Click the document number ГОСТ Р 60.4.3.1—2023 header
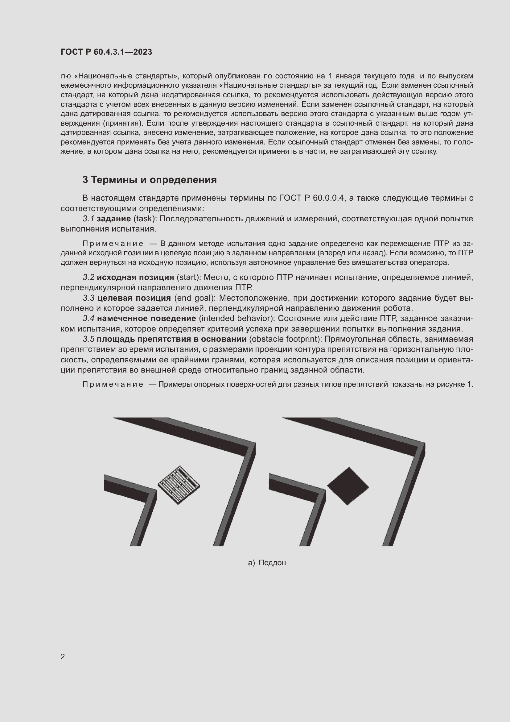(x=106, y=52)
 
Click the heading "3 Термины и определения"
(x=150, y=180)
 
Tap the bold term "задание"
(x=114, y=219)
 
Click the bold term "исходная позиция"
(x=135, y=278)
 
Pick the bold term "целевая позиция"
(x=134, y=298)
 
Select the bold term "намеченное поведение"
(x=146, y=319)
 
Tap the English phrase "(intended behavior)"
(x=237, y=319)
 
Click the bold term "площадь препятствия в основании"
(x=171, y=339)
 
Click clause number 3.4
(x=88, y=319)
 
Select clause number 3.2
(x=88, y=278)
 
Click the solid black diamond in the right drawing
(x=348, y=486)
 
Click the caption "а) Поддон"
(x=267, y=563)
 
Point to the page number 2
(x=63, y=657)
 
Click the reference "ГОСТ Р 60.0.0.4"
(x=312, y=198)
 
